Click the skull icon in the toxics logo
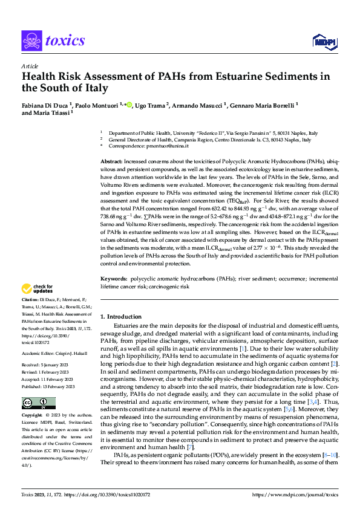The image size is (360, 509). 31,41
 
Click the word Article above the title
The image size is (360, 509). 30,66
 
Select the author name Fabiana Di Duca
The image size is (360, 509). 45,104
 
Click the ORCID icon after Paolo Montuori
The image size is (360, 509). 129,104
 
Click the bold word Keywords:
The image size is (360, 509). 114,279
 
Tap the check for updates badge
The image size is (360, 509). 38,288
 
